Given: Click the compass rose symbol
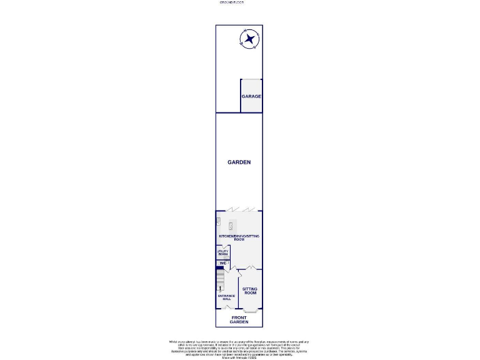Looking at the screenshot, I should pos(250,40).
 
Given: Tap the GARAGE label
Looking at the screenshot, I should pos(252,96).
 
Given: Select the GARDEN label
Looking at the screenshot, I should pos(239,162).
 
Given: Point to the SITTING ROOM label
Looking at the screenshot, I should pos(250,291).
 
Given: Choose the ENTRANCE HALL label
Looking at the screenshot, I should pos(226,297).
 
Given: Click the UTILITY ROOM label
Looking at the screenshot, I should pos(222,253).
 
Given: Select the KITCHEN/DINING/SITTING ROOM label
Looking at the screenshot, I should pos(239,237).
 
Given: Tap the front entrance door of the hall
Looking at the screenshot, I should pos(226,307).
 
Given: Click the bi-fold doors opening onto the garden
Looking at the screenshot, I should pos(240,209).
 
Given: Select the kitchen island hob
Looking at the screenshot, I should pos(231,225).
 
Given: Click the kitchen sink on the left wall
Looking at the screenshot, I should pos(218,221).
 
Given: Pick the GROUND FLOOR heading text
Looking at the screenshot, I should pos(232,2).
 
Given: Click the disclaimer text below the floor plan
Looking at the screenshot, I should pos(239,348).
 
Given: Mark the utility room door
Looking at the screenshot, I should pos(227,247).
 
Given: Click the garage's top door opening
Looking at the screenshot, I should pos(252,80).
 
